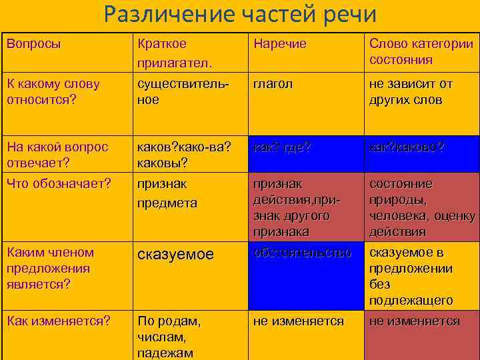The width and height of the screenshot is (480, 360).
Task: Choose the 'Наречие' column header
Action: click(279, 44)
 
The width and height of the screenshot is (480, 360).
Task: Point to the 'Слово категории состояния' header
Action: click(421, 52)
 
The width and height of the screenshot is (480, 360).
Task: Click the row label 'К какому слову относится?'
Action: click(53, 92)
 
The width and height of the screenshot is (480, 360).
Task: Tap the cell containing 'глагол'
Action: click(273, 84)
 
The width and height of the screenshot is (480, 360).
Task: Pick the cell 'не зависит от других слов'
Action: click(411, 92)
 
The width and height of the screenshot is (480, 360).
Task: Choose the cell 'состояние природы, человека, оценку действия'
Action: click(421, 207)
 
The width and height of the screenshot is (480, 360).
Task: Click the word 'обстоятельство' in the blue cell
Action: click(302, 253)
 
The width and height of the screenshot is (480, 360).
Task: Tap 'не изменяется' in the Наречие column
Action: click(298, 321)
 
